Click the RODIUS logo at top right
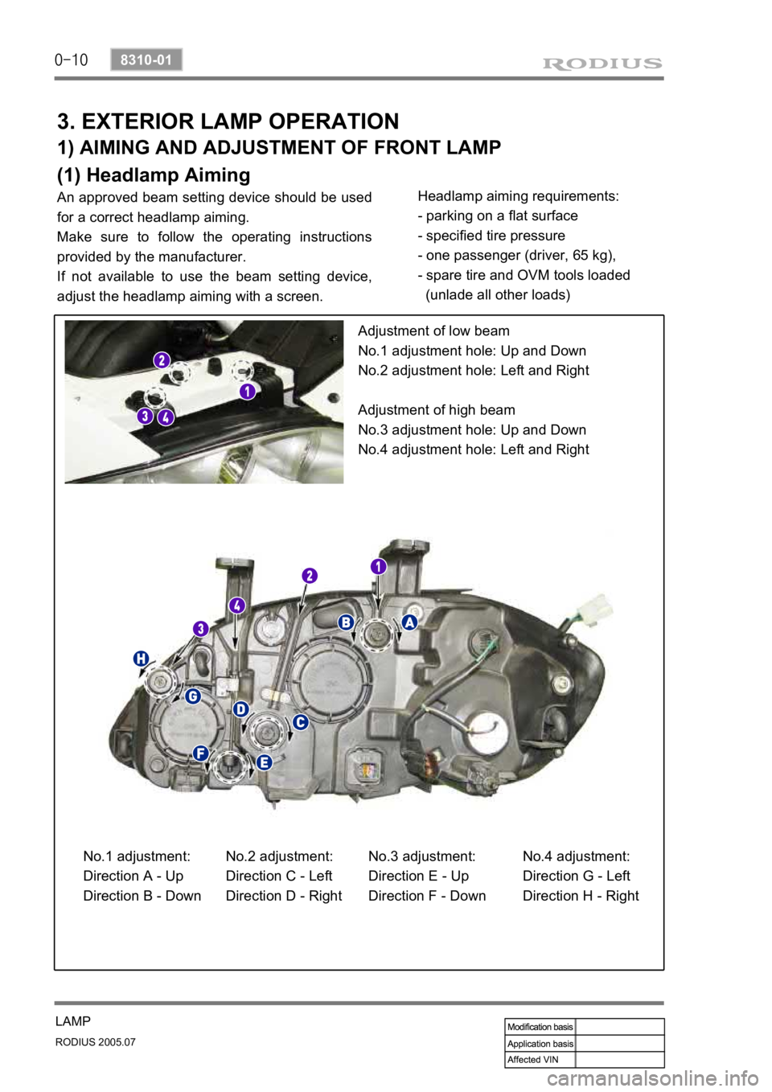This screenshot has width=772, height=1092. pos(602,63)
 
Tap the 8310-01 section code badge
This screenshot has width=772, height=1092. pos(146,60)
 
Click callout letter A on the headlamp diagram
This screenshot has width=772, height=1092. pos(409,622)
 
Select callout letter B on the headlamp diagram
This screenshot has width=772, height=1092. pos(345,622)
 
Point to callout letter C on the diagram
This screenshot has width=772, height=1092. pos(299,722)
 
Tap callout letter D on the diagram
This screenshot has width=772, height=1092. pos(240,708)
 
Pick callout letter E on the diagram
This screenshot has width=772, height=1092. pos(264,762)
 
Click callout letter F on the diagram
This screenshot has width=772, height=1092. pos(200,753)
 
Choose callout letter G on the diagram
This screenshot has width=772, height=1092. pos(192,696)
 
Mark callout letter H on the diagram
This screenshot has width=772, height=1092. pos(142,659)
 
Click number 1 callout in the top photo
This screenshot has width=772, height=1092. pos(246,391)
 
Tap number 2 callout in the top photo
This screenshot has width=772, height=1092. pos(162,359)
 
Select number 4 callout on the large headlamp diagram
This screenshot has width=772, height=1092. pos(236,605)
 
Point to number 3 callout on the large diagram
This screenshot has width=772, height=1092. pos(200,628)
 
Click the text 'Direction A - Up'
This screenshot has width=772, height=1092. pos(133,876)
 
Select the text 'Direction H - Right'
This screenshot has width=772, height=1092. pos(581,896)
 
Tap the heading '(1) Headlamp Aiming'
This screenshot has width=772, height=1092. pos(154,174)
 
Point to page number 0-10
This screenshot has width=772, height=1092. pos(72,60)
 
